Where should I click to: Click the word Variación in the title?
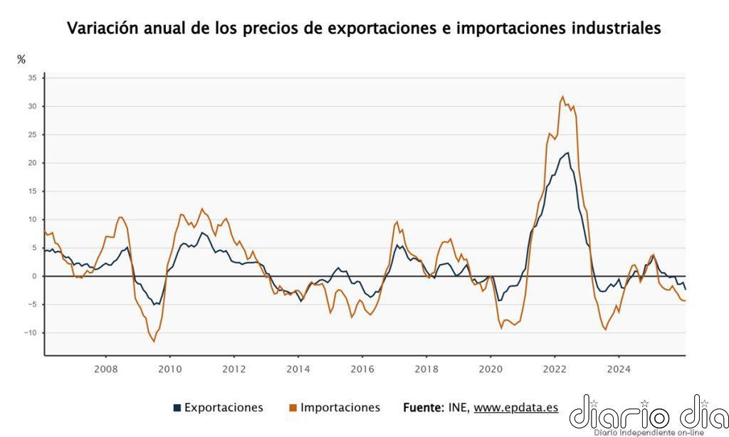[103, 28]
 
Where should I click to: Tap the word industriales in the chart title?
[616, 28]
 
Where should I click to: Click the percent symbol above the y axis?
[21, 60]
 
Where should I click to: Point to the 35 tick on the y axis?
[33, 78]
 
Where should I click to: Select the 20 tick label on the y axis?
[33, 163]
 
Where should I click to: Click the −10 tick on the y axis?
[31, 333]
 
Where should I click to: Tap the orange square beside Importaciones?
[293, 409]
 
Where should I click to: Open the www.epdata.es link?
[515, 408]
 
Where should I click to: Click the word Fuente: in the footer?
[424, 408]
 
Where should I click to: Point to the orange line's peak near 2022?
[562, 97]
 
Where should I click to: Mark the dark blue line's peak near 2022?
[567, 152]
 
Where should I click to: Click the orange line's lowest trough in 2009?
[154, 342]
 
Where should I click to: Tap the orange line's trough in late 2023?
[606, 330]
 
